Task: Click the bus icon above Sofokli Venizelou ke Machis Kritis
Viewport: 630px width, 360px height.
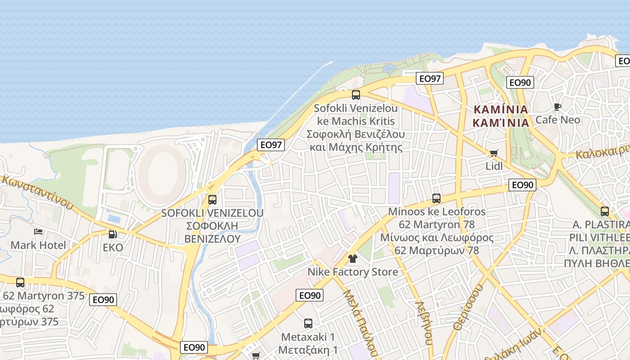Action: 356,95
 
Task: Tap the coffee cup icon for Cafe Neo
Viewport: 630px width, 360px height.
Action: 558,107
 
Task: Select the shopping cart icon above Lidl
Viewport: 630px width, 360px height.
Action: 494,153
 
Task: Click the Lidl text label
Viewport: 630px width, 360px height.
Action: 494,166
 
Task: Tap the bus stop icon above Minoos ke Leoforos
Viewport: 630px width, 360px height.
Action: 436,198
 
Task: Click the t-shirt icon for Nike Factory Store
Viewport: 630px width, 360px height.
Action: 352,259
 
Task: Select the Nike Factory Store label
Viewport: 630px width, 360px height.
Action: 353,272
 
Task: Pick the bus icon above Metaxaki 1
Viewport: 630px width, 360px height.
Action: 308,324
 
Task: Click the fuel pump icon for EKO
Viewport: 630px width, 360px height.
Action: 112,234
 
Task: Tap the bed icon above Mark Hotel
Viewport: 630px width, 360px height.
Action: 38,232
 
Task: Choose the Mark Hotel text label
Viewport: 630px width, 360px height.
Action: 38,245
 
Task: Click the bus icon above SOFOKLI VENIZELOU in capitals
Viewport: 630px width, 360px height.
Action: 212,199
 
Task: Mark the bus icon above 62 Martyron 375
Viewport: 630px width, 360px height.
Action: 20,283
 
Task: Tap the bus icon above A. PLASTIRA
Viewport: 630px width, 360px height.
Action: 605,211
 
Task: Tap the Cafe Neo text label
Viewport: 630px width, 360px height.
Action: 558,120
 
